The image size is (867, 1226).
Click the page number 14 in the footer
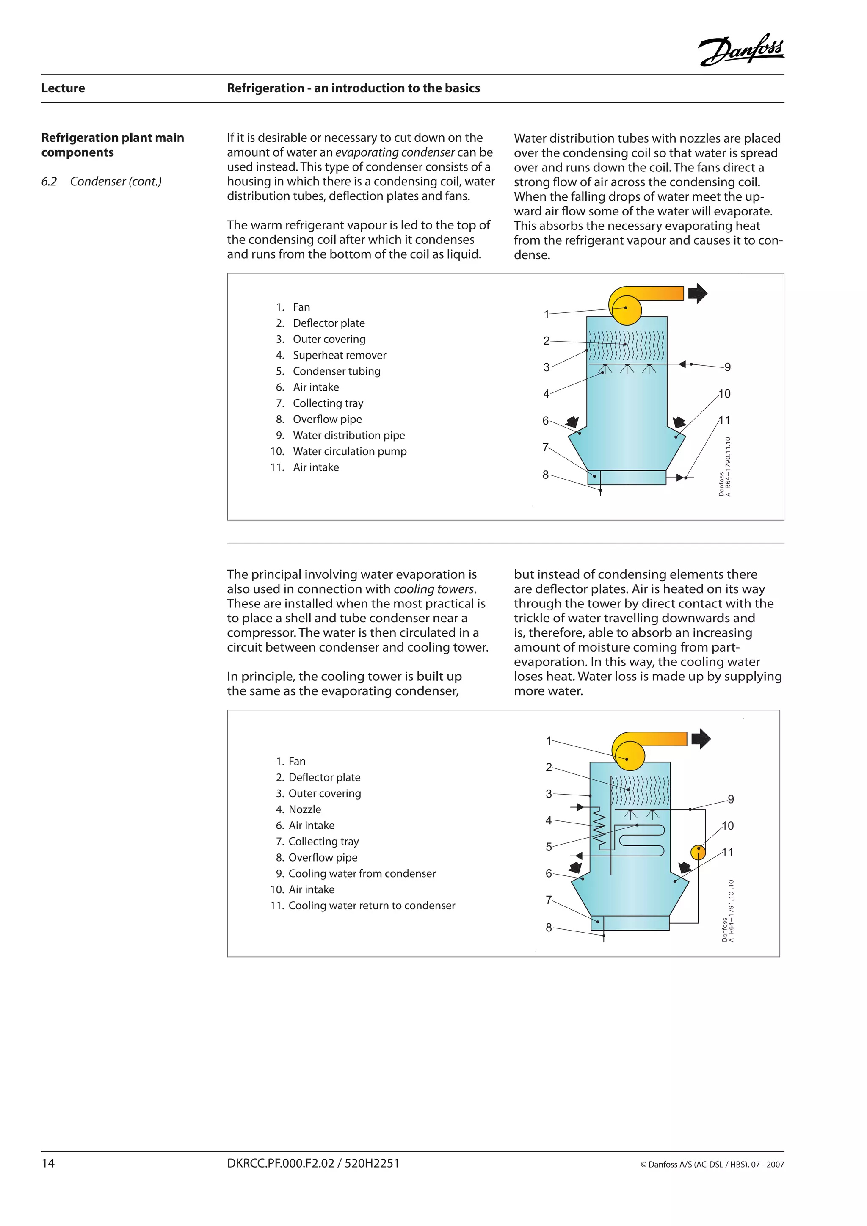pyautogui.click(x=48, y=1163)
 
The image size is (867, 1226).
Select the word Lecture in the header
pyautogui.click(x=63, y=88)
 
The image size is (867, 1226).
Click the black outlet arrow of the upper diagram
pyautogui.click(x=697, y=293)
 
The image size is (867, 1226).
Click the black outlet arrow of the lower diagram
pyautogui.click(x=701, y=739)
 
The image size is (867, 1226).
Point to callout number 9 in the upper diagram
pyautogui.click(x=727, y=367)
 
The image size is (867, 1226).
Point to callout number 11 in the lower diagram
pyautogui.click(x=728, y=852)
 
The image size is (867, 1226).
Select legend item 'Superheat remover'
pyautogui.click(x=339, y=355)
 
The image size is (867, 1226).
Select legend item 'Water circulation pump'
pyautogui.click(x=349, y=451)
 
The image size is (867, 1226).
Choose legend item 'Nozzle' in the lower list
pyautogui.click(x=304, y=809)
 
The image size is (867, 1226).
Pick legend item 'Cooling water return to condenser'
pyautogui.click(x=372, y=906)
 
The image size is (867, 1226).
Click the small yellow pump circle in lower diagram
pyautogui.click(x=698, y=852)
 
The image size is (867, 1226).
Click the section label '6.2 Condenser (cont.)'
pyautogui.click(x=102, y=182)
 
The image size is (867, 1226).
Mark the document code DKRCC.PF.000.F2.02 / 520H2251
pyautogui.click(x=313, y=1163)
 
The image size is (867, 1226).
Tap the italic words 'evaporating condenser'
pyautogui.click(x=395, y=153)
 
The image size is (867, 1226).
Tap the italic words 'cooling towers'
pyautogui.click(x=433, y=589)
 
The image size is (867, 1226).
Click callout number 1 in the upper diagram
pyautogui.click(x=546, y=315)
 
